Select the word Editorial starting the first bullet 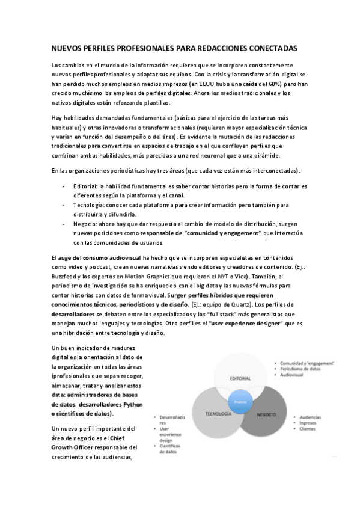coord(86,186)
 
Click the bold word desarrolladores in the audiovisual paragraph coord(74,315)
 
